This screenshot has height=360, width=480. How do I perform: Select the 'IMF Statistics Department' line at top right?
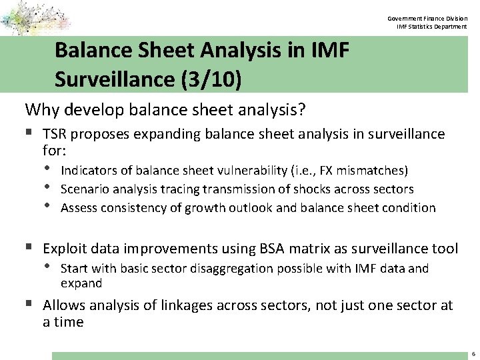point(431,27)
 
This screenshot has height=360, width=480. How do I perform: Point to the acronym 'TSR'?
point(57,134)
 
